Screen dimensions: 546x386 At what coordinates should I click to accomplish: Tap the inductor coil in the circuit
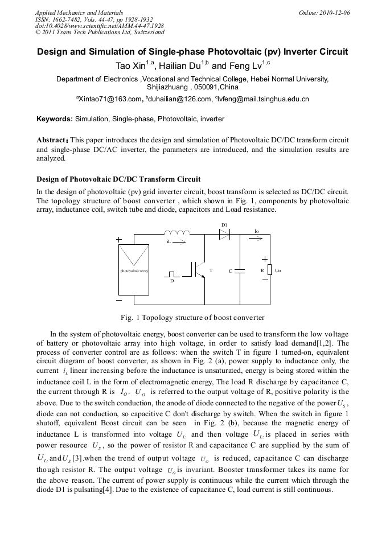[x=177, y=232]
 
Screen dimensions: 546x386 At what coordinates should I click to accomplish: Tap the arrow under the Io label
[x=257, y=236]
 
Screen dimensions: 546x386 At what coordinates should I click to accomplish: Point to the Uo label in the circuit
[x=278, y=271]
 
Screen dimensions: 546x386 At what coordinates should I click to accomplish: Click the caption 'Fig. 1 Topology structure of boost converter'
[x=192, y=317]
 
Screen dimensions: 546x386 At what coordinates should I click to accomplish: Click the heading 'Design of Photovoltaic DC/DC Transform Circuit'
[x=118, y=179]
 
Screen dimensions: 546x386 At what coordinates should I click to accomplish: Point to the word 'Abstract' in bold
[x=52, y=139]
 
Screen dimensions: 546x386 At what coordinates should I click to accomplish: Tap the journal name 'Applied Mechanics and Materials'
[x=79, y=12]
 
